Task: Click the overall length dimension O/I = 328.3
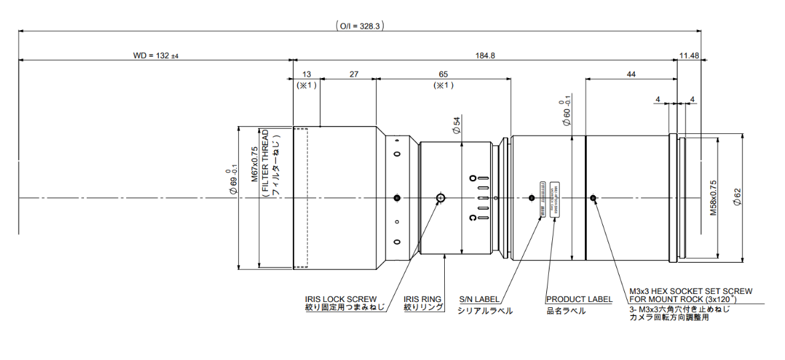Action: [360, 26]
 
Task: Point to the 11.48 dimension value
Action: [689, 55]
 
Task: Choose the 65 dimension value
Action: [443, 75]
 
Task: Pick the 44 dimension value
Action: [630, 75]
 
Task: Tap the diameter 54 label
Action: [457, 126]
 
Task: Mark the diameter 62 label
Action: [736, 197]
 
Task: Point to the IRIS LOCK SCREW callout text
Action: [341, 299]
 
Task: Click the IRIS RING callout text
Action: [424, 299]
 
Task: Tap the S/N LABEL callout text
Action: [479, 299]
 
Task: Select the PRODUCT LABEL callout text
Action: [579, 299]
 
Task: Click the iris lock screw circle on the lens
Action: [440, 198]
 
